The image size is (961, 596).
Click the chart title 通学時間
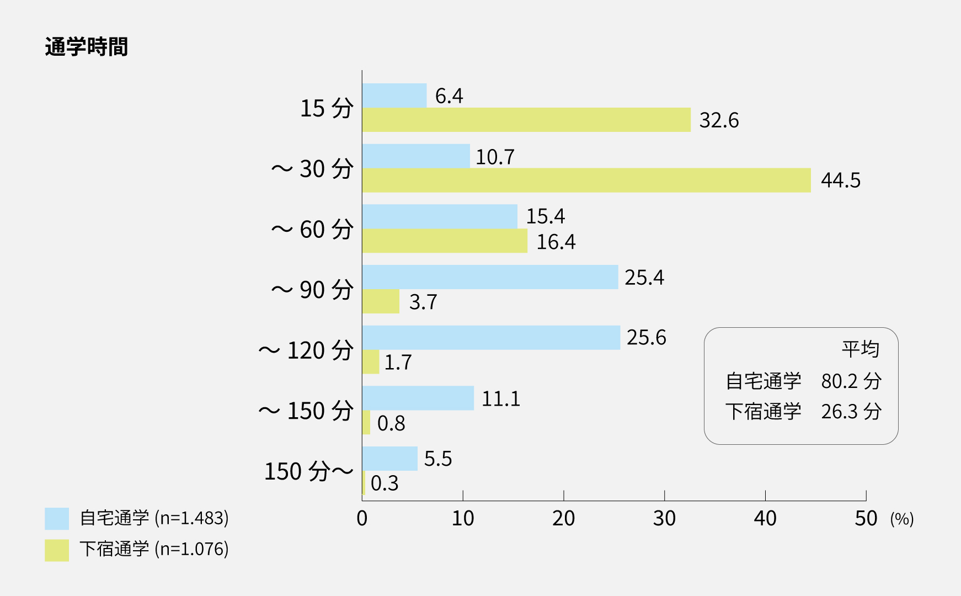(86, 47)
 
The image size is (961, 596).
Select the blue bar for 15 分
(394, 95)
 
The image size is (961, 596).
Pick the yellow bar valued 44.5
(586, 180)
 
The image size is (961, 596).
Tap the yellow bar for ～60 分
(445, 241)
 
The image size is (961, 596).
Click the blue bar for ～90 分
(490, 277)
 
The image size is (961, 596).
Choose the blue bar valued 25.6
(491, 338)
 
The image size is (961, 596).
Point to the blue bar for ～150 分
(418, 398)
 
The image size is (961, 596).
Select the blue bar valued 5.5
(390, 459)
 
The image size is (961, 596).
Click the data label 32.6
(719, 120)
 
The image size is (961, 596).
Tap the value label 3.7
(423, 302)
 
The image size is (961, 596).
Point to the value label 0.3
(385, 483)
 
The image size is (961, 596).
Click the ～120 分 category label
(306, 350)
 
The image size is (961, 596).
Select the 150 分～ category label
(309, 471)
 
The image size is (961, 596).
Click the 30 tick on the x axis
(664, 518)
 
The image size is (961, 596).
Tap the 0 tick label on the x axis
(362, 518)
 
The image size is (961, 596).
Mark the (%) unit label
(902, 519)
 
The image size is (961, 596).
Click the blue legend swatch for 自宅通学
(57, 519)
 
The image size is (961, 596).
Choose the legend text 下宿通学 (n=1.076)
(154, 549)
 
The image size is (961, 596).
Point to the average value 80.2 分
(851, 381)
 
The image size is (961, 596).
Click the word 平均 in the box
(860, 349)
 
